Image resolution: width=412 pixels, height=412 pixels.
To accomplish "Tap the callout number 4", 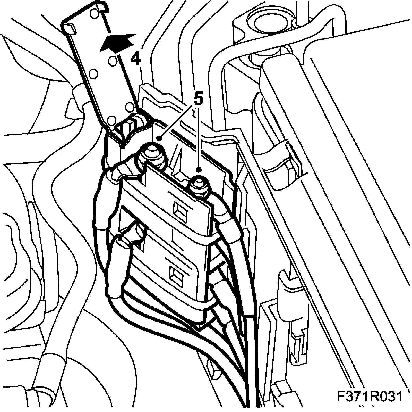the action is (x=135, y=59).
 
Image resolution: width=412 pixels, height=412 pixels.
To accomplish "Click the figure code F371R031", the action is (x=370, y=397).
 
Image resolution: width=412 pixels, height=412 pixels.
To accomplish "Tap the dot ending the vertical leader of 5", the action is (x=199, y=169).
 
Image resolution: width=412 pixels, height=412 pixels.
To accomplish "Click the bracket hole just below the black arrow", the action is (x=113, y=61).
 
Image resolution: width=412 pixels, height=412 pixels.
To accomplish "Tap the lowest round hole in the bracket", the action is (x=111, y=120).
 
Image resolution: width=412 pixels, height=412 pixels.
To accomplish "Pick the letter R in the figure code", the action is (x=372, y=397).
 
